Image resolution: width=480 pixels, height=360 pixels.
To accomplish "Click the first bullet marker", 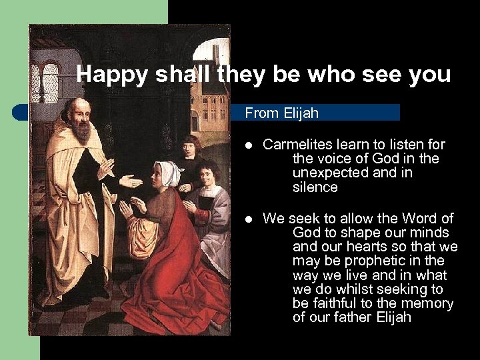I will tap(248, 145).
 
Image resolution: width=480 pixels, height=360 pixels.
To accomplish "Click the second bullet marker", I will tap(248, 219).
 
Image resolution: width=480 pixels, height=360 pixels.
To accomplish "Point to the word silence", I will tap(315, 187).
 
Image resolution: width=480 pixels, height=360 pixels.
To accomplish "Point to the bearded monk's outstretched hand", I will tap(129, 181).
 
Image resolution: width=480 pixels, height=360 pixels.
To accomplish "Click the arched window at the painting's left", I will tap(51, 82).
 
